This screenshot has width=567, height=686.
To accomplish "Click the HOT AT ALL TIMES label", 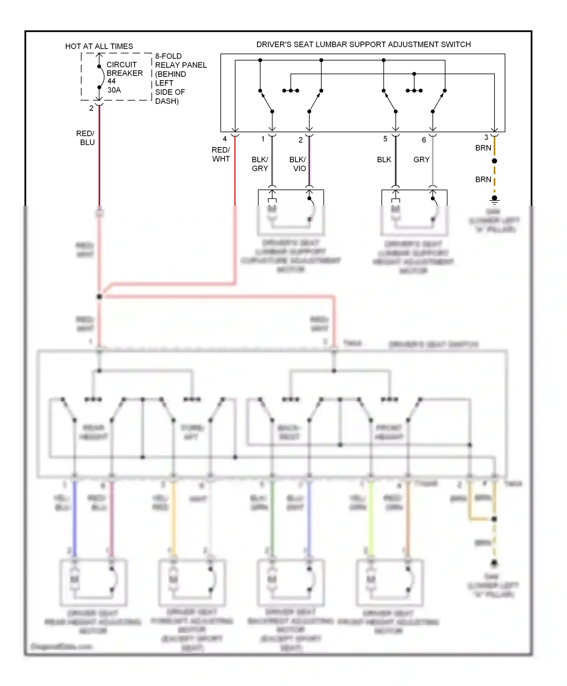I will click(99, 46).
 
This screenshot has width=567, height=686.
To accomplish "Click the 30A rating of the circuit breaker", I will click(114, 90).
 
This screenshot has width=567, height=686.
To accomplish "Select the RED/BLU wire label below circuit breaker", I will click(86, 138).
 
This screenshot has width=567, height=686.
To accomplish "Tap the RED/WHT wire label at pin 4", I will click(221, 154).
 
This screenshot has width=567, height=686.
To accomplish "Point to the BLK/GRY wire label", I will click(260, 164).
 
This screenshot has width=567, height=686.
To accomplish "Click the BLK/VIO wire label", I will click(298, 164).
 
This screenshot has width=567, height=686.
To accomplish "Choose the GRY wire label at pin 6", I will click(421, 160).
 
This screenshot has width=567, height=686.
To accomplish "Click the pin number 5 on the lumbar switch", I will click(385, 139).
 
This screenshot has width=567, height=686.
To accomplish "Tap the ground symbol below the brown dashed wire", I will click(494, 200).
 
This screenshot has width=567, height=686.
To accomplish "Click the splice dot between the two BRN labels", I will click(494, 161).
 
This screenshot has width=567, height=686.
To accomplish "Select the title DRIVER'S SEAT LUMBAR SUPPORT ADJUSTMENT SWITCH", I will click(363, 44).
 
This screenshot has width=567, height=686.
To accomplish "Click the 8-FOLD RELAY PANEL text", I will click(181, 61).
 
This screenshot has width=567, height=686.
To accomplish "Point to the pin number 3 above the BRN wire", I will click(486, 137).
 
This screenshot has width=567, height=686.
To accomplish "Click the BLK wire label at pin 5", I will click(384, 160).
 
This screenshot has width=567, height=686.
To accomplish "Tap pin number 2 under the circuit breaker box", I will click(91, 108).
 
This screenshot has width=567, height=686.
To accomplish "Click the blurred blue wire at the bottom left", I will click(74, 518).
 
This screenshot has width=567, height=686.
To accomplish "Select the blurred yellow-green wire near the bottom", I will click(371, 518).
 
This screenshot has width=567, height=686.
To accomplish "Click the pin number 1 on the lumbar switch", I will click(263, 139).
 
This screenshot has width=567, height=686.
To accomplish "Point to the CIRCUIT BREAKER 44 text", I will click(124, 73).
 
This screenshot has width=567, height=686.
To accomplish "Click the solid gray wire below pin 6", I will click(432, 163).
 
